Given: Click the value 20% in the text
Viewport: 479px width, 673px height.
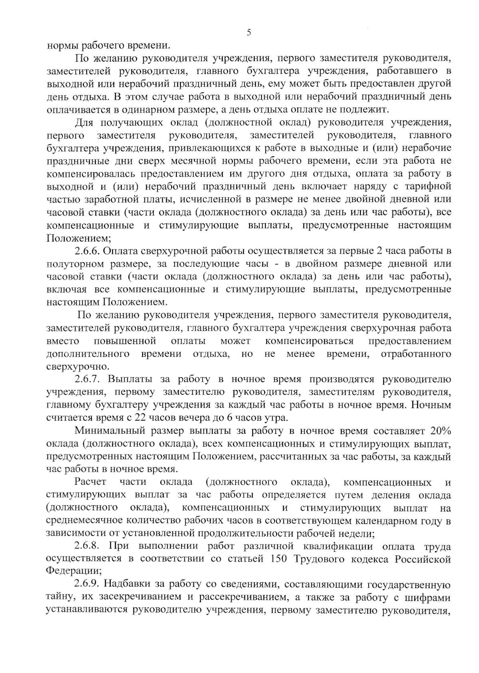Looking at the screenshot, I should pos(440,431).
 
